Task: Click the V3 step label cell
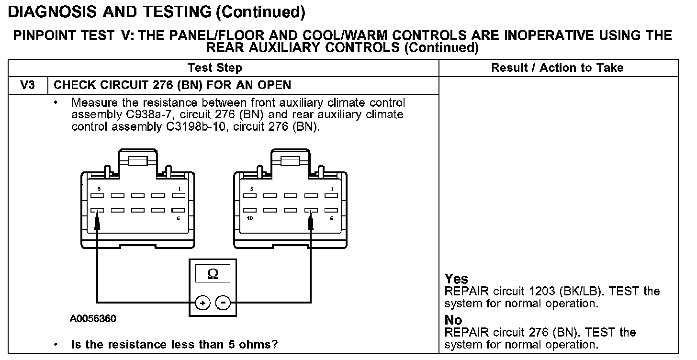(27, 86)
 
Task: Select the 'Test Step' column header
(214, 68)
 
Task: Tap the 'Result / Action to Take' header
(557, 68)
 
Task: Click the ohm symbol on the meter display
(213, 274)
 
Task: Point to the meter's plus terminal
(202, 303)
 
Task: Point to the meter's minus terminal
(223, 303)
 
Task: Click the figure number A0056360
(93, 319)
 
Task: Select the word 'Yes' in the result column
(456, 279)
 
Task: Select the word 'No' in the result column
(453, 320)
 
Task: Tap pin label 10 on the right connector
(250, 218)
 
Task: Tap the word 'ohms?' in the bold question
(260, 344)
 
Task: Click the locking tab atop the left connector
(137, 161)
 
